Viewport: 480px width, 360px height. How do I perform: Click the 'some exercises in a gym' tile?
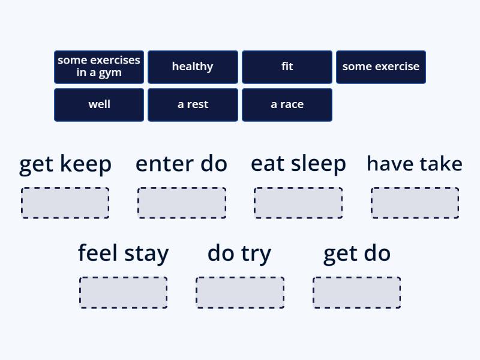click(99, 67)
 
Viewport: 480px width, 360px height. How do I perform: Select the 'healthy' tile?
click(193, 67)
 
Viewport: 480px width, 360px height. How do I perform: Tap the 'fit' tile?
click(287, 67)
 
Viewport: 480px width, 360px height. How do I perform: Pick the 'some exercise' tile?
click(381, 67)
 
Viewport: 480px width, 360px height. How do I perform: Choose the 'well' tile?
click(99, 105)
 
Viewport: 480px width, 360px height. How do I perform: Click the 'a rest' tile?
click(193, 105)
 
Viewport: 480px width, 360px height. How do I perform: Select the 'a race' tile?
click(287, 105)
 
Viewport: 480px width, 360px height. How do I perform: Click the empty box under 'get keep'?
click(65, 203)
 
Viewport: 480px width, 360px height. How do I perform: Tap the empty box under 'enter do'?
click(182, 203)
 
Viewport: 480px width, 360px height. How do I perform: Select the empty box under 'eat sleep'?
click(298, 203)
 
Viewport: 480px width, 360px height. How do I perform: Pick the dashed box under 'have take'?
click(415, 203)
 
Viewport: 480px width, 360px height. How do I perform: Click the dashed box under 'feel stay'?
click(124, 293)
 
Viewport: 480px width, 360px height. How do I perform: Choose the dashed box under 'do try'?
click(240, 293)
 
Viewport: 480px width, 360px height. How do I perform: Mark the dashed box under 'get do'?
click(356, 293)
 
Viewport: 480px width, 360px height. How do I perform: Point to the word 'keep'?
click(86, 164)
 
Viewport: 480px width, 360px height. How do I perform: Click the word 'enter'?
click(164, 164)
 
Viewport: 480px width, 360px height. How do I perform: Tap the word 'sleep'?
click(319, 164)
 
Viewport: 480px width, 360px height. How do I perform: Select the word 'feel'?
click(98, 253)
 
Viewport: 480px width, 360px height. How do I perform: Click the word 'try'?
click(256, 254)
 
